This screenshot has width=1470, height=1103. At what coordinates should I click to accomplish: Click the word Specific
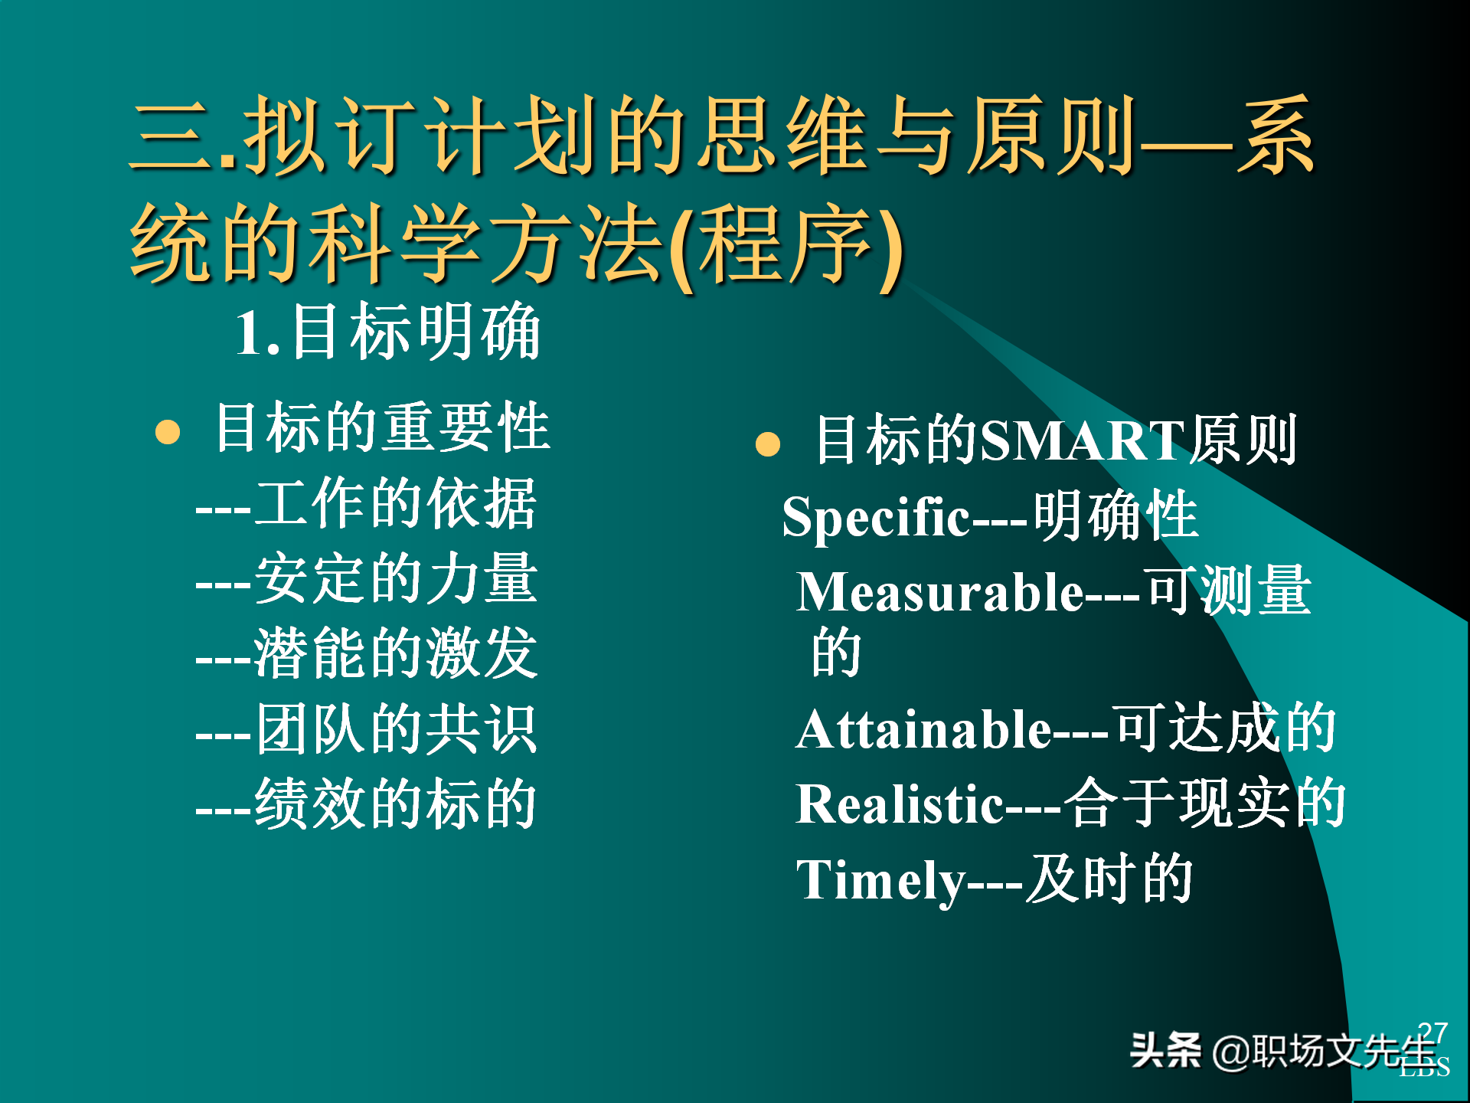[876, 517]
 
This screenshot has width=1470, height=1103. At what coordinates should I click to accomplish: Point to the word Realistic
[899, 804]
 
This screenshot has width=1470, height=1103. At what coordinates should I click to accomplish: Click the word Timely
[881, 880]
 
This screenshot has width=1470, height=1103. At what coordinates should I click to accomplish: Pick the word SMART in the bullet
[1083, 440]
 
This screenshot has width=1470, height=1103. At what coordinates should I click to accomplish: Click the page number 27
[1432, 1033]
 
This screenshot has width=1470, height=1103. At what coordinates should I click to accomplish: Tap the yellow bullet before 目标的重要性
[168, 432]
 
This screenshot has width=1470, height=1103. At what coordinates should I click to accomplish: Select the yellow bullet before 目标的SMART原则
[767, 445]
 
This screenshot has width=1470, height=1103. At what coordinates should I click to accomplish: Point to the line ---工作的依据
[367, 503]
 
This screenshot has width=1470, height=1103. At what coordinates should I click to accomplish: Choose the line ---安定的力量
[367, 579]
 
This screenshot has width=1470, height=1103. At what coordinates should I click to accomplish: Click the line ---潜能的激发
[367, 653]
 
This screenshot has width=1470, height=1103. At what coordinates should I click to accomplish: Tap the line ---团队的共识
[367, 729]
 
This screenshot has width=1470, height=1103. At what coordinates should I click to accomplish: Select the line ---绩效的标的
[367, 804]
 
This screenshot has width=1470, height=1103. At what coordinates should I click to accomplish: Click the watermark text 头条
[1165, 1050]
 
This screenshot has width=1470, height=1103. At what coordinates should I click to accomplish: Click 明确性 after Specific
[1116, 515]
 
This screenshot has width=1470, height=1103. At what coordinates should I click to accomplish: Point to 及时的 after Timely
[1109, 879]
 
